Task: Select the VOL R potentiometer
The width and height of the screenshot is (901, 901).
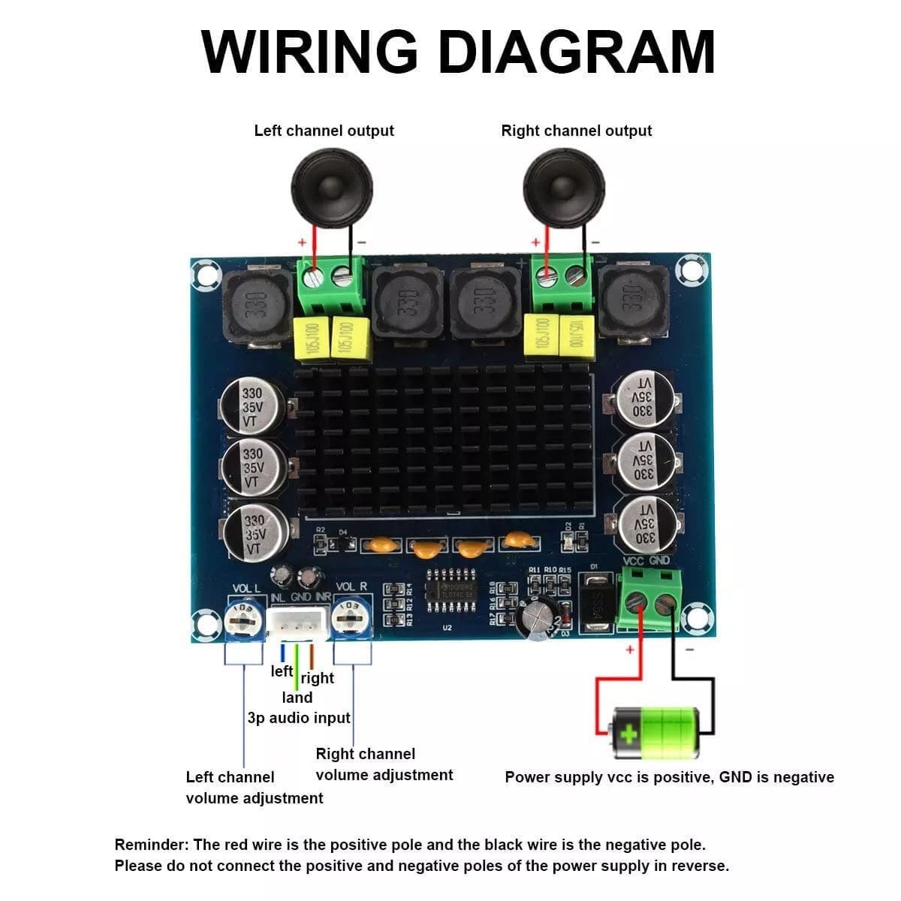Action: coord(350,619)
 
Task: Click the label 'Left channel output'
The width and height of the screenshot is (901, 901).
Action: coord(324,131)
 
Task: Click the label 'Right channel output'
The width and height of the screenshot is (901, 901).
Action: coord(576,131)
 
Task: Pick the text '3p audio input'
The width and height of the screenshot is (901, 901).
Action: coord(299,718)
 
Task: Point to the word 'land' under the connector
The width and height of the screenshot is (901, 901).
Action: coord(297,698)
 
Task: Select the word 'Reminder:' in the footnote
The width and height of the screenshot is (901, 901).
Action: coord(151,845)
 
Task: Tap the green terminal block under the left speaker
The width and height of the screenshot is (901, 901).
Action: coord(331,285)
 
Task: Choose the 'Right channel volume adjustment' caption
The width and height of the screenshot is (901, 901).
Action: coord(384,764)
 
